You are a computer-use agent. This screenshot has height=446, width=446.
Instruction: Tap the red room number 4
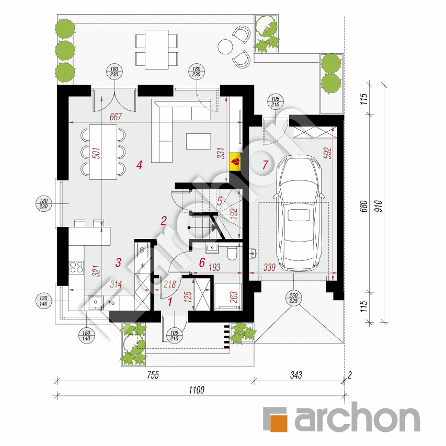pyautogui.click(x=139, y=166)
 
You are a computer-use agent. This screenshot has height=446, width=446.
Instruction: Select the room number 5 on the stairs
pyautogui.click(x=220, y=201)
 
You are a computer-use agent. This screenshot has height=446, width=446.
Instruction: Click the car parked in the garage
pyautogui.click(x=299, y=214)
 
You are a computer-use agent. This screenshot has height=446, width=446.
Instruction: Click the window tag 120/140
pyautogui.click(x=43, y=300)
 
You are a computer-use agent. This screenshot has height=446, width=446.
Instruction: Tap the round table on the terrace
pyautogui.click(x=226, y=46)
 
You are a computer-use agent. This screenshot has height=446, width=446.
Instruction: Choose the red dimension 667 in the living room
pyautogui.click(x=116, y=117)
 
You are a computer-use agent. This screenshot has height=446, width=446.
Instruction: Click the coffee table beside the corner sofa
pyautogui.click(x=198, y=141)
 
